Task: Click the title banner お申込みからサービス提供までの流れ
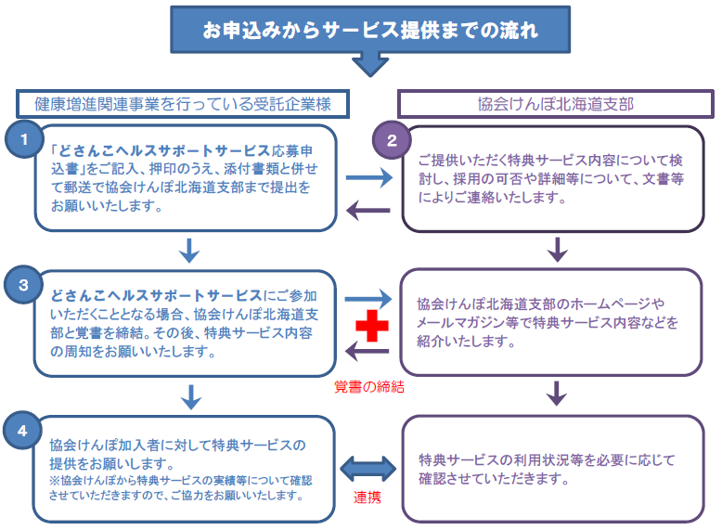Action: click(370, 30)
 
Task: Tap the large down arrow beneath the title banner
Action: click(370, 63)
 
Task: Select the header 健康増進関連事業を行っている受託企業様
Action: click(183, 102)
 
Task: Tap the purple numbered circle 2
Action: click(391, 141)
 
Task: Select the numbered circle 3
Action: click(21, 284)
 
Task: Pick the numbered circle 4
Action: click(21, 430)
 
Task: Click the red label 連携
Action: click(367, 498)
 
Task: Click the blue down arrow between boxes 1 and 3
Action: click(189, 249)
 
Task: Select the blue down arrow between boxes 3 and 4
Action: click(189, 395)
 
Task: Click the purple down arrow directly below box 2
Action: click(557, 249)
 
